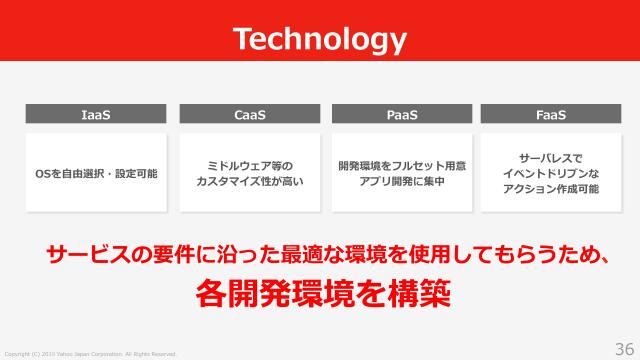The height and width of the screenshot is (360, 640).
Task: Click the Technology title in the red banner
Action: [x=320, y=39]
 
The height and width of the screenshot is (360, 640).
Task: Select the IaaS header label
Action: [x=95, y=115]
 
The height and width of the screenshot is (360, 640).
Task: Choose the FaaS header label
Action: [x=550, y=115]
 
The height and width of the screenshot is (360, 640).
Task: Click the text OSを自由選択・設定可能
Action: [x=96, y=174]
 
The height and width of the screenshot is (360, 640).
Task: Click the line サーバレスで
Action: [x=550, y=157]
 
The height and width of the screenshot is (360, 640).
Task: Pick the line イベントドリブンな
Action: [x=550, y=173]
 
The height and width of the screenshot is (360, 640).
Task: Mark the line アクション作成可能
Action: [x=550, y=189]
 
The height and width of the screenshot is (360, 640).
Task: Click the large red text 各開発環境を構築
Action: [x=320, y=295]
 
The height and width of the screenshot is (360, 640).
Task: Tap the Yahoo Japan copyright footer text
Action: [x=90, y=354]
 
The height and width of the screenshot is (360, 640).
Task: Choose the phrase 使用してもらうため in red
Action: [x=509, y=255]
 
